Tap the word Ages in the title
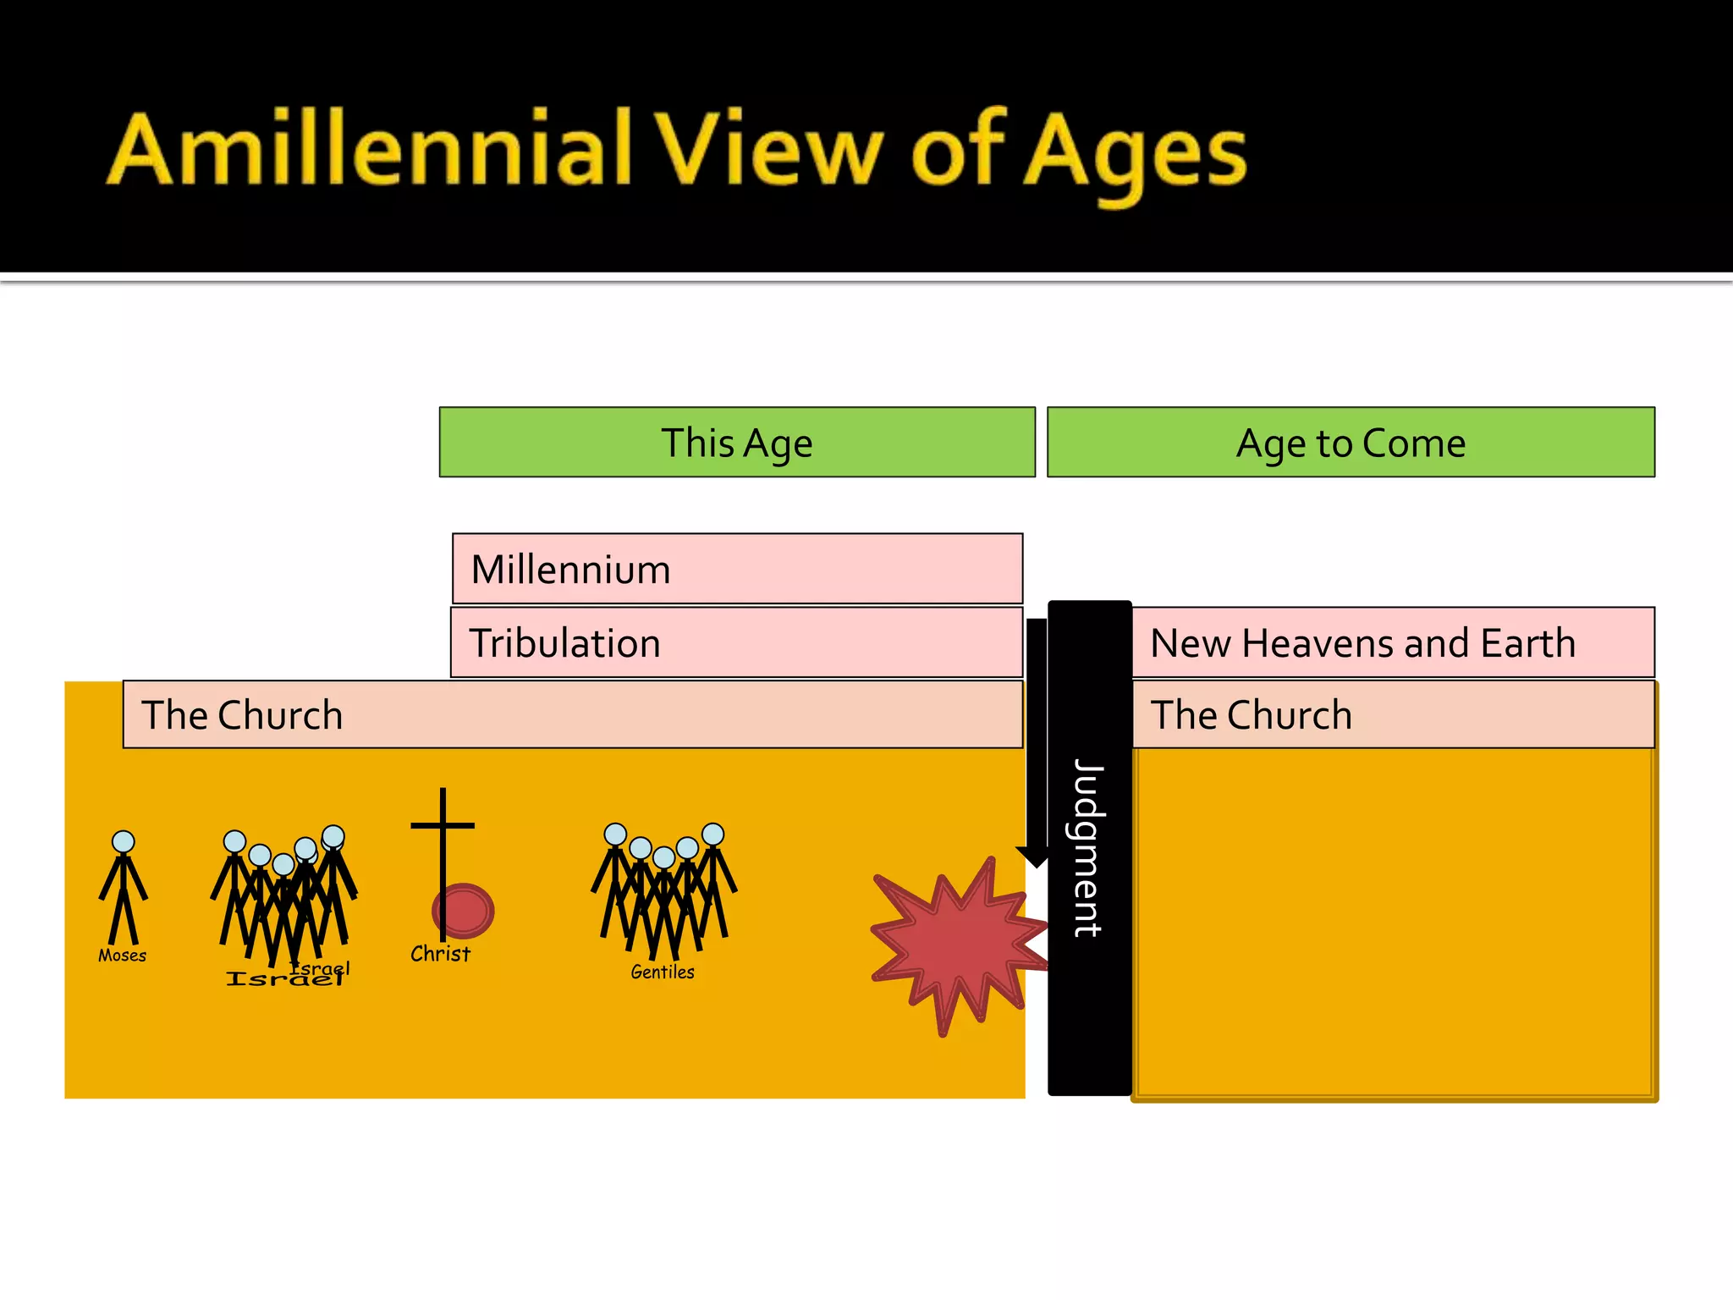coord(1135,152)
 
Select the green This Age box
coord(736,443)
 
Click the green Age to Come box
coord(1351,443)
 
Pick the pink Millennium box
coord(737,569)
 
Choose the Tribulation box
coord(736,642)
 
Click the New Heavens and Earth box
coord(1393,642)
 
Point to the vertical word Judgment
coord(1089,847)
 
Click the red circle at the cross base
coord(464,911)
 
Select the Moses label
coord(122,956)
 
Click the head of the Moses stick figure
coord(124,841)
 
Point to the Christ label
coord(440,954)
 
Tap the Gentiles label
coord(663,972)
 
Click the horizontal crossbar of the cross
coord(443,825)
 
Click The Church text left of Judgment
coord(242,715)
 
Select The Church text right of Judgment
coord(1251,715)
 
